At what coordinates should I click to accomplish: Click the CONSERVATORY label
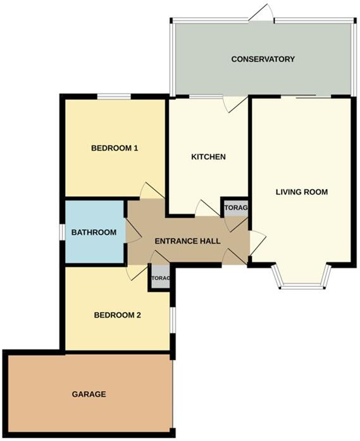pos(263,59)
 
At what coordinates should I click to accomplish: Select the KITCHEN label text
pos(208,157)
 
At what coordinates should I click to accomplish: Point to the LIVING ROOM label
pos(301,192)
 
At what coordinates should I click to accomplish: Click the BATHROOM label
pos(94,233)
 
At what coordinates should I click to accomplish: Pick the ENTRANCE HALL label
pos(188,241)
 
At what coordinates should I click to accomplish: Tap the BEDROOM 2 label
pos(117,315)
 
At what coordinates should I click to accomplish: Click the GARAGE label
pos(88,394)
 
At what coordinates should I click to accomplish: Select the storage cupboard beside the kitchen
pos(235,208)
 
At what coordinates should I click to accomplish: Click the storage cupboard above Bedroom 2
pos(160,278)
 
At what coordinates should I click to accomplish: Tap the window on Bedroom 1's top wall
pos(114,96)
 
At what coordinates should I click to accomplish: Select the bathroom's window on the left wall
pos(61,232)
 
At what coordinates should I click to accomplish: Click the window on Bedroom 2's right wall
pos(173,320)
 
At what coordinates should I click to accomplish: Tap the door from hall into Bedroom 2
pos(135,272)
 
